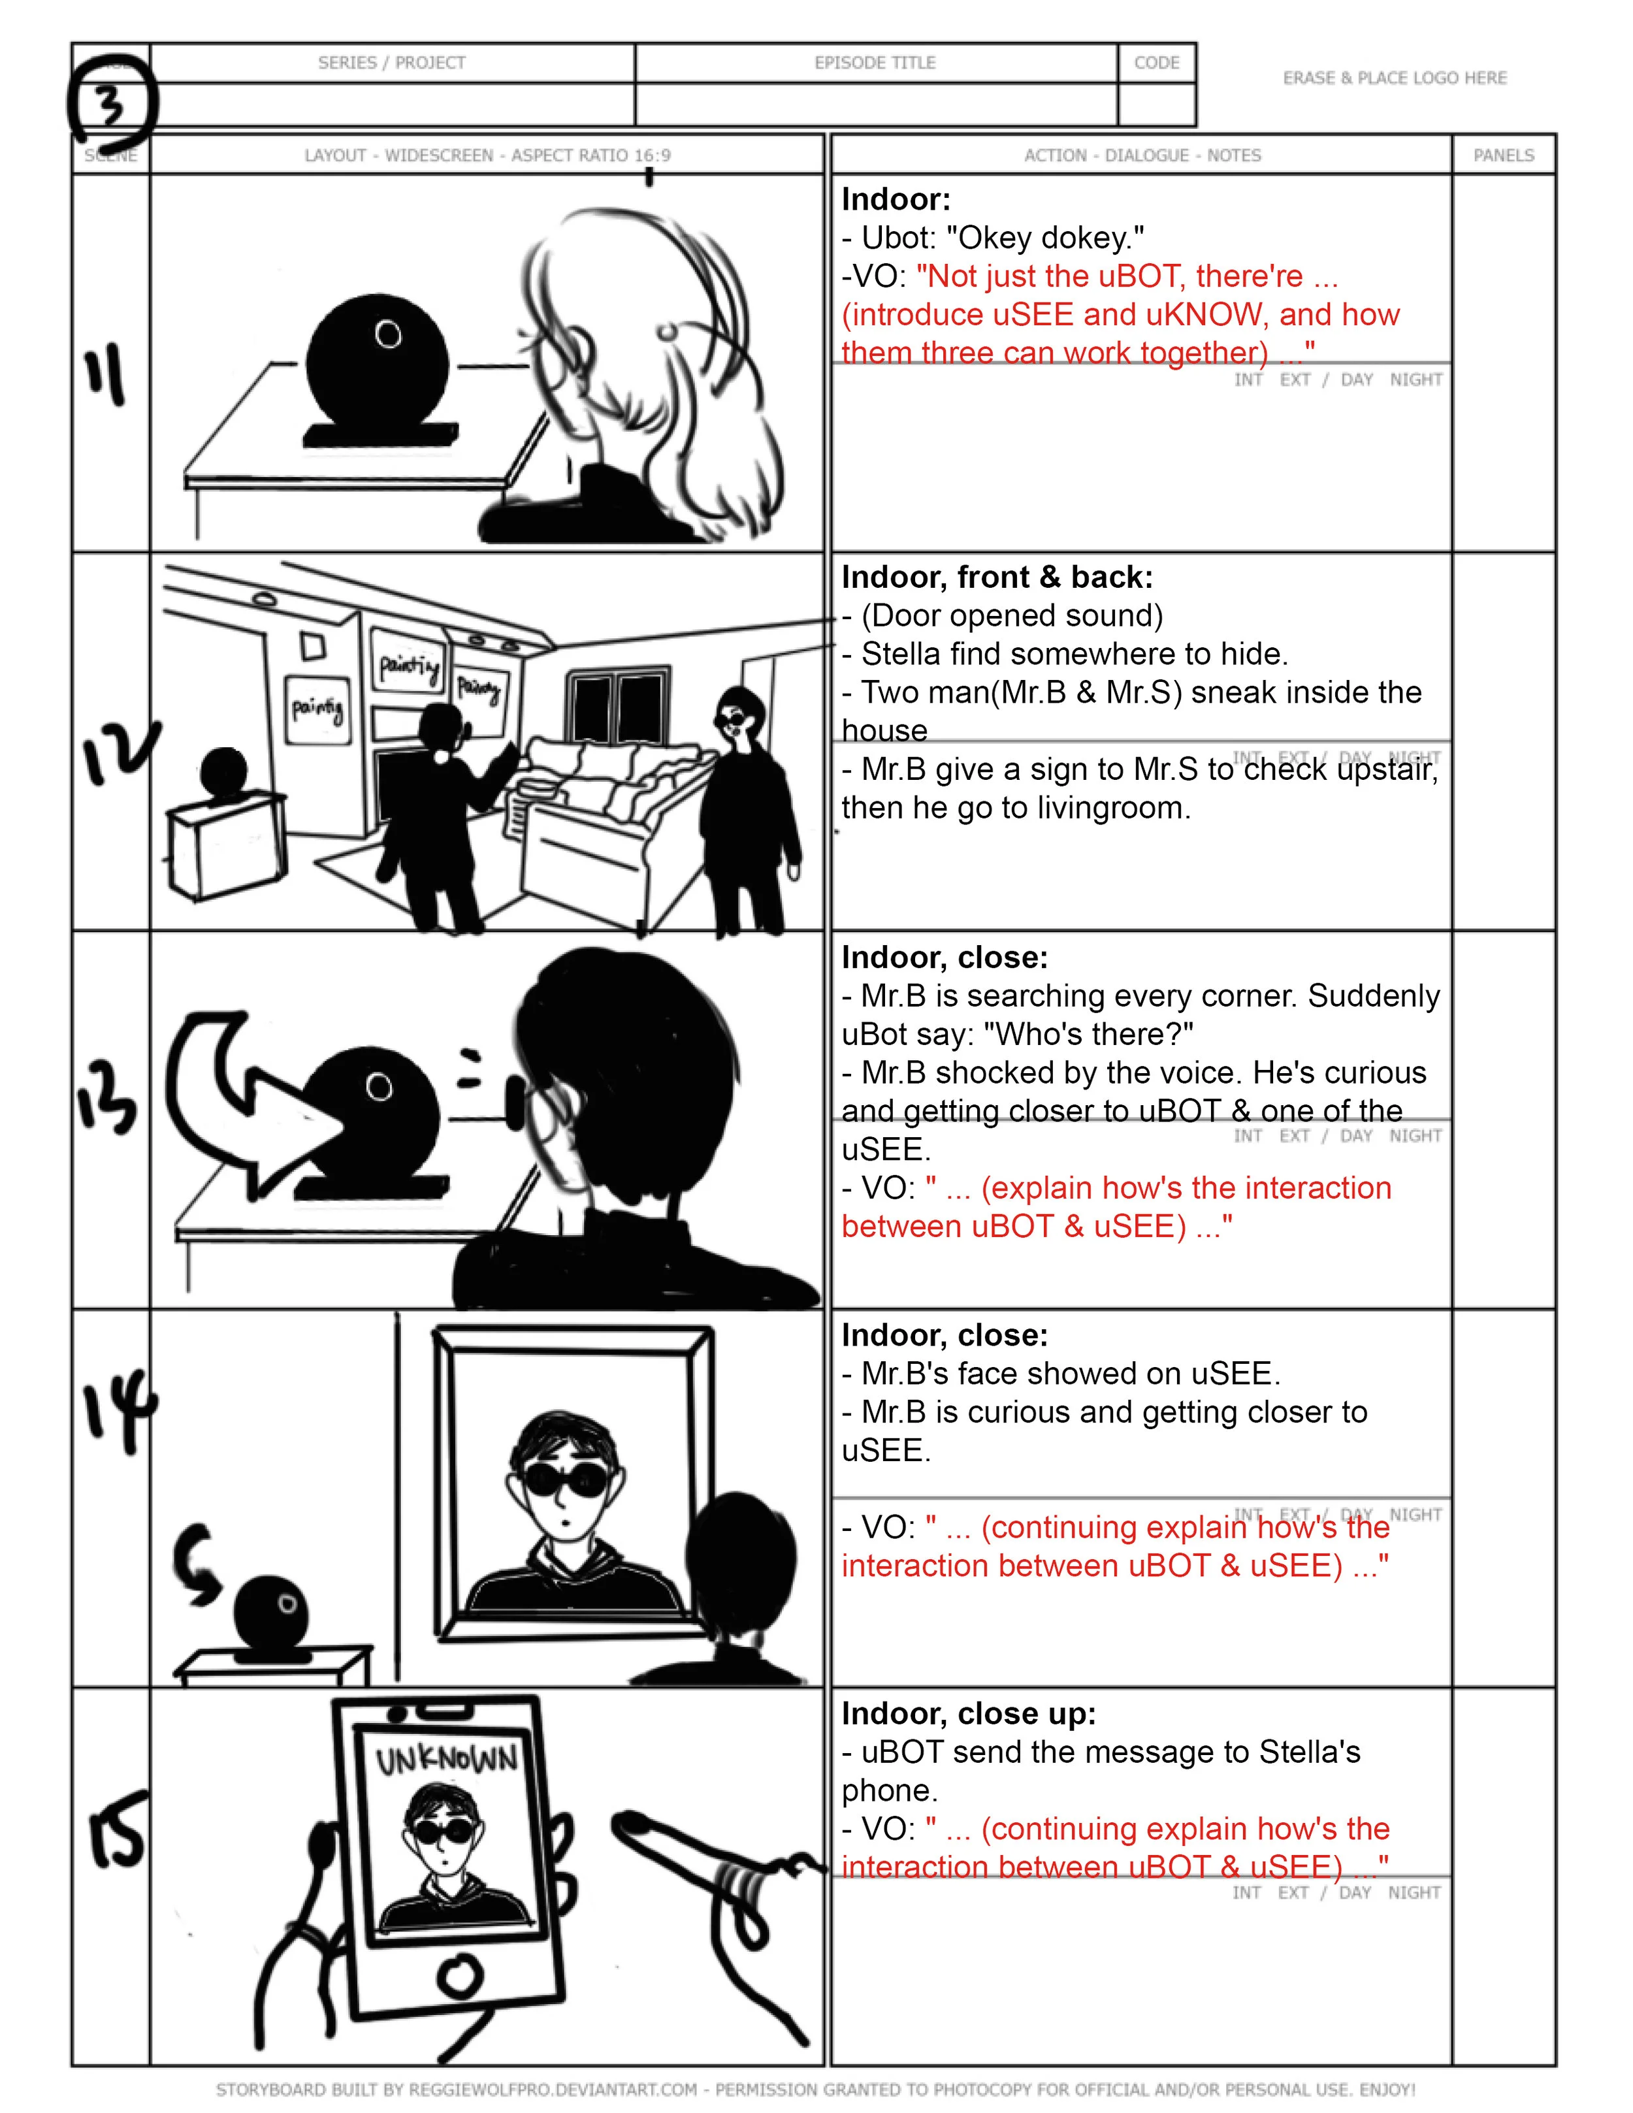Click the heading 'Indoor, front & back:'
pyautogui.click(x=996, y=577)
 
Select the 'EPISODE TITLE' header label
pyautogui.click(x=875, y=63)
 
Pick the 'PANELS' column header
pyautogui.click(x=1504, y=155)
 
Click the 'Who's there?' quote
pyautogui.click(x=1088, y=1034)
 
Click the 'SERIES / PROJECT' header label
pyautogui.click(x=392, y=63)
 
